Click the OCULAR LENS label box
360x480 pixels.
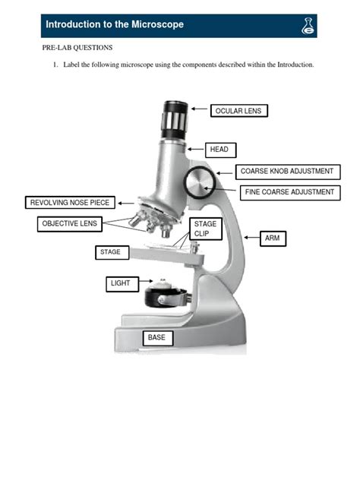point(238,111)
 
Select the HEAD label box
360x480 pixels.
point(218,150)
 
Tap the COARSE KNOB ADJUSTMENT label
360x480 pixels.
point(286,172)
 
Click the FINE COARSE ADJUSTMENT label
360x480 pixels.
point(289,192)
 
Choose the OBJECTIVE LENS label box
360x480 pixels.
point(69,223)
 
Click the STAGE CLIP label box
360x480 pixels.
point(205,229)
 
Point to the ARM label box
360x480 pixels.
point(273,238)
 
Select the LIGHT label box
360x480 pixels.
point(121,283)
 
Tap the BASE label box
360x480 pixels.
point(157,337)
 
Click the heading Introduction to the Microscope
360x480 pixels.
point(115,25)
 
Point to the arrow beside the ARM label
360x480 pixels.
point(251,238)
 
